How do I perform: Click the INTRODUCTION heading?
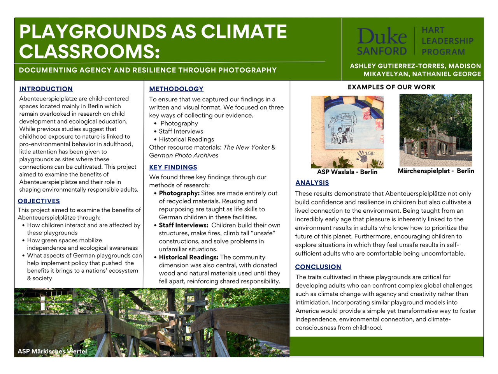pos(46,89)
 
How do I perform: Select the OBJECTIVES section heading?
pos(39,201)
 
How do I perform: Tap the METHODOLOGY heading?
pos(176,89)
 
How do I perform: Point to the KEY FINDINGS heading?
pos(173,167)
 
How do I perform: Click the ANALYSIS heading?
pos(312,183)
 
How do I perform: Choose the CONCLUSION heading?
pos(318,267)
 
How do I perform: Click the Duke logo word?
pos(382,37)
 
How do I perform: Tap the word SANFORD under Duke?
pos(382,51)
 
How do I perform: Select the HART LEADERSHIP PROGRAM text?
pos(447,41)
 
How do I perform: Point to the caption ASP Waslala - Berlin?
pos(347,172)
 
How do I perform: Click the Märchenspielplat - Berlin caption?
pos(436,171)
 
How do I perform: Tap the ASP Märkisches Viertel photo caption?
pos(52,351)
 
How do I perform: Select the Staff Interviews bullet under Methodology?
pos(181,131)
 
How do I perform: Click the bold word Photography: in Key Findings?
pos(179,193)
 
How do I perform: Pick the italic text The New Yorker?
pos(247,147)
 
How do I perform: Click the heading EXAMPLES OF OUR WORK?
pos(391,87)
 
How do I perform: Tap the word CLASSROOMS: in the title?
pos(89,51)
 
